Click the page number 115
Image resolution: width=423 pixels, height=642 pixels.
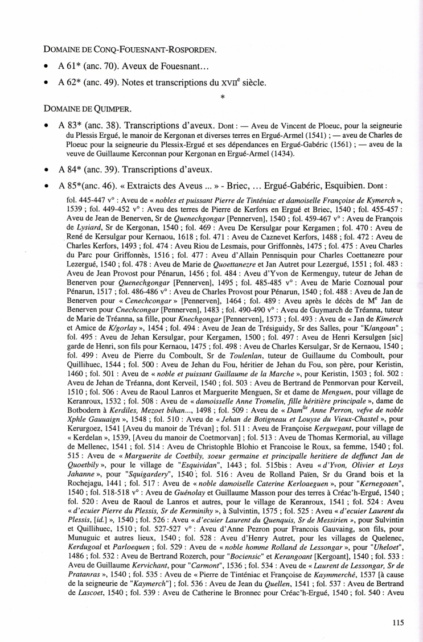397,622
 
